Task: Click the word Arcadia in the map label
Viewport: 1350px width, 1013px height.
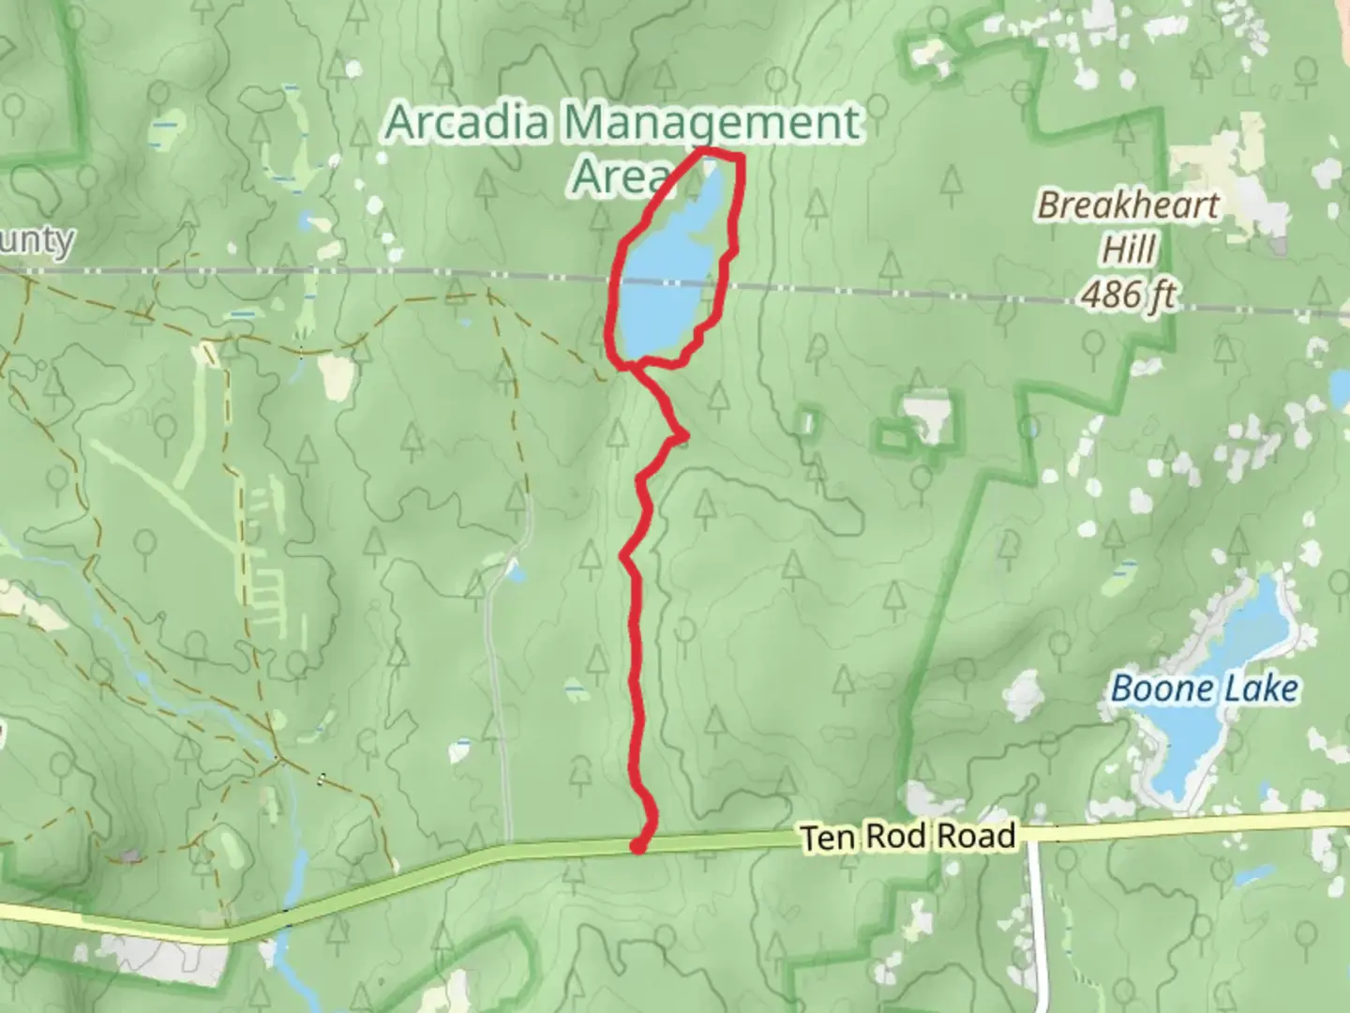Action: tap(468, 123)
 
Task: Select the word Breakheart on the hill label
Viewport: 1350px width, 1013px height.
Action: tap(1128, 205)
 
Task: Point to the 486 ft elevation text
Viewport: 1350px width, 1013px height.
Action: tap(1128, 295)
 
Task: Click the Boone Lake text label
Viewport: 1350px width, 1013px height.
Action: tap(1205, 689)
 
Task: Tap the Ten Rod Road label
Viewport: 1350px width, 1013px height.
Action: tap(908, 836)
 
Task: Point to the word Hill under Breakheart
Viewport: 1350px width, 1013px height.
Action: tap(1129, 250)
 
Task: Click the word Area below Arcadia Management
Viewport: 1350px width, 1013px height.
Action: tap(619, 175)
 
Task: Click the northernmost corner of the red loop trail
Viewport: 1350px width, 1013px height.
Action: tap(703, 150)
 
